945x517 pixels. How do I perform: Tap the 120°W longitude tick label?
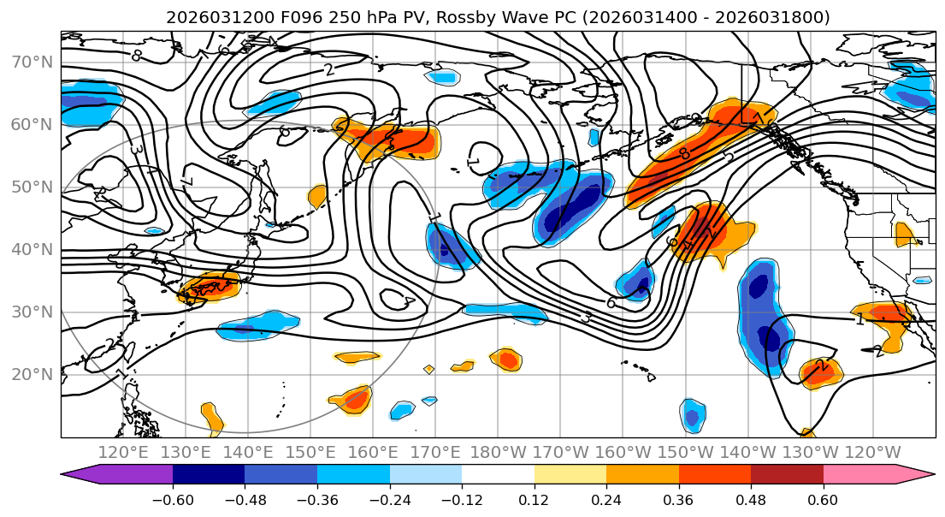coord(871,452)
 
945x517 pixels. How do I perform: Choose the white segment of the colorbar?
coord(498,476)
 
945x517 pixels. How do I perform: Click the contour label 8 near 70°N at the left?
coord(136,56)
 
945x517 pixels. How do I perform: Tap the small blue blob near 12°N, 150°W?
coord(692,415)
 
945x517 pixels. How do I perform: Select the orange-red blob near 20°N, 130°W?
coord(820,371)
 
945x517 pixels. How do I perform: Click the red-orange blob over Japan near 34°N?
coord(208,287)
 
